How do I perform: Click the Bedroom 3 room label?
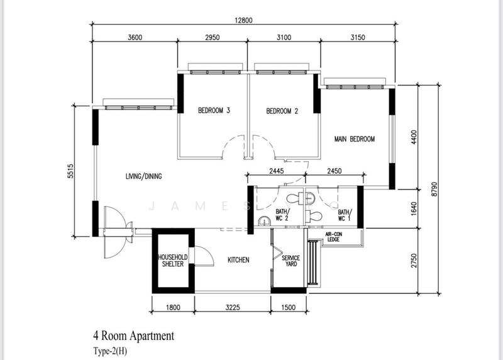(214, 111)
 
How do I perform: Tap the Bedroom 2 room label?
(282, 111)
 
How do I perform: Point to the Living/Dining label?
(143, 176)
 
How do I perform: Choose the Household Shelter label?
(170, 261)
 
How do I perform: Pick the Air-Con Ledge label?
(333, 237)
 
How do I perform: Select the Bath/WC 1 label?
(345, 215)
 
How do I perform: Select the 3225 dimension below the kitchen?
(232, 308)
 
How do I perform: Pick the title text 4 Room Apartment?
(133, 336)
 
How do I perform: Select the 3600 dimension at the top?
(135, 37)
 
